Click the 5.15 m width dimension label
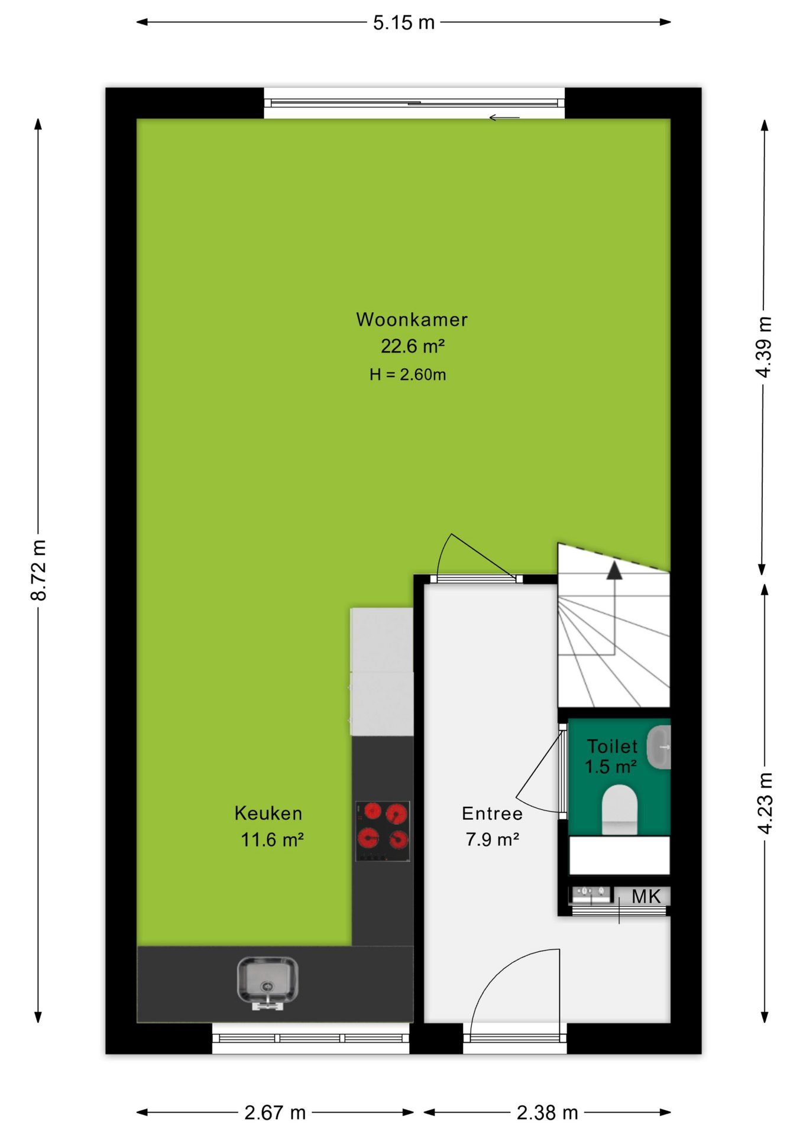(x=404, y=22)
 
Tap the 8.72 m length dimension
(x=38, y=570)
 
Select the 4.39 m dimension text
(x=764, y=347)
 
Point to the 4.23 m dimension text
(x=765, y=803)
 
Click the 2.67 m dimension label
(x=275, y=1113)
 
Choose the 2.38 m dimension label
(x=548, y=1113)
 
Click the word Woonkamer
(x=412, y=319)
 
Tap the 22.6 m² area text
(x=412, y=346)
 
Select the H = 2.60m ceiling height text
(x=407, y=374)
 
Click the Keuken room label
(x=268, y=813)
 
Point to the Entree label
(x=492, y=813)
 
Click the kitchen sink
(x=267, y=984)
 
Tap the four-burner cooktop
(x=383, y=831)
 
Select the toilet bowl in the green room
(x=619, y=809)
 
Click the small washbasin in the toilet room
(x=659, y=748)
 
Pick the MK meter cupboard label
(x=646, y=896)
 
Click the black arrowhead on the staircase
(x=614, y=570)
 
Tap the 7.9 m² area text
(x=492, y=839)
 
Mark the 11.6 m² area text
(x=272, y=839)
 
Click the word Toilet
(x=612, y=746)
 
